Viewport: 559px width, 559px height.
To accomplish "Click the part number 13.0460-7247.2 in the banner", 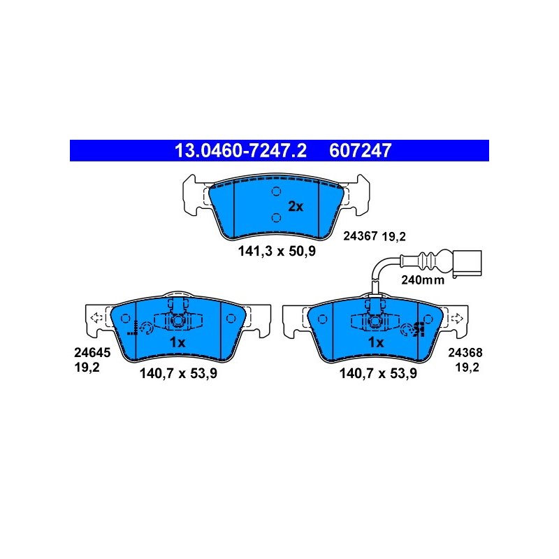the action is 240,150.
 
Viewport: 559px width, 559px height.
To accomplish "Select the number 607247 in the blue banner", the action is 360,150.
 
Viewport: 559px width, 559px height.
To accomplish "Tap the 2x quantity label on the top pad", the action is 295,206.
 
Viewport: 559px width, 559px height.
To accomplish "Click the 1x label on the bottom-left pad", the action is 177,342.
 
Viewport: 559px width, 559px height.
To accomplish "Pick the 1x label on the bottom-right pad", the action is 376,342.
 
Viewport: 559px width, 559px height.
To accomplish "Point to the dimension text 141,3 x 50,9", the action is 277,252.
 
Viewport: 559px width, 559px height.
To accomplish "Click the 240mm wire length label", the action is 423,280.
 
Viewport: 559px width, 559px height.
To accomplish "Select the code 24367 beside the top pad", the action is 360,235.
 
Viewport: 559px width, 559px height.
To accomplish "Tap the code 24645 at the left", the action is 92,353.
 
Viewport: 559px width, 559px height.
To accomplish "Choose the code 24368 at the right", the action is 465,353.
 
